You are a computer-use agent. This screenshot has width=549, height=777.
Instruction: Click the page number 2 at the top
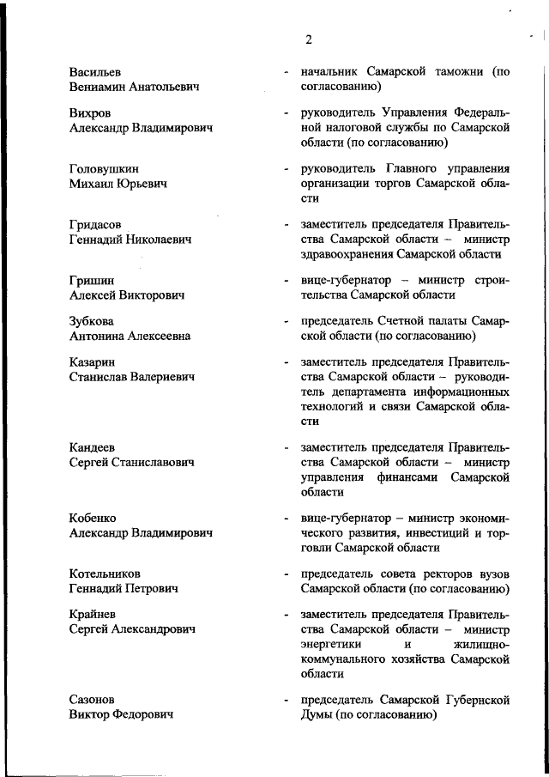pos(308,38)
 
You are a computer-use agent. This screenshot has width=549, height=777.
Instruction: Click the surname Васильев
pos(96,72)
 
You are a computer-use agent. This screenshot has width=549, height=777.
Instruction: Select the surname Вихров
pos(90,112)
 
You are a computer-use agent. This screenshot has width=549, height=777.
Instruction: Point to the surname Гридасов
pos(95,224)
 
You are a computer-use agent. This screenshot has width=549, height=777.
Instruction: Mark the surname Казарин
pos(92,362)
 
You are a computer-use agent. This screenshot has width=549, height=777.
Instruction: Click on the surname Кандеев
pos(92,447)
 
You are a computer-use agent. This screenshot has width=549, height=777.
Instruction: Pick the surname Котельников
pos(105,574)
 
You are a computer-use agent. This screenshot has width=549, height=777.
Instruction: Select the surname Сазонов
pos(92,700)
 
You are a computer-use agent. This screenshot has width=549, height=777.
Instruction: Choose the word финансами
pos(409,477)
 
